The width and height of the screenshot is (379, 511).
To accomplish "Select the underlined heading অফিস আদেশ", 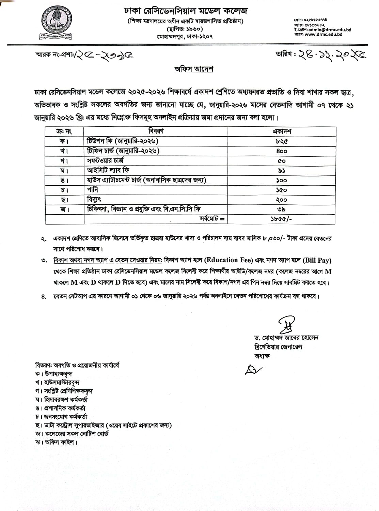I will point(194,69).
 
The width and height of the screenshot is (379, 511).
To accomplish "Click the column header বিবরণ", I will point(156,131).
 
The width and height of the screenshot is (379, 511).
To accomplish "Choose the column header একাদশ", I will point(282,131).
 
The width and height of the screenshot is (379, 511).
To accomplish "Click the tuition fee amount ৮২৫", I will point(282,141).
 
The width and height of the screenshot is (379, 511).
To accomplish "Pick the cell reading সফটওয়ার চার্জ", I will point(105,160).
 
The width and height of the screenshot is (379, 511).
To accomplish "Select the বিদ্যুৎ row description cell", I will point(94,199).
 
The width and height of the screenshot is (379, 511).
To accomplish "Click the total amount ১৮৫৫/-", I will point(279,219).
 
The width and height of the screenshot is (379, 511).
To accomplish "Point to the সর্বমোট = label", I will point(212,219).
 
